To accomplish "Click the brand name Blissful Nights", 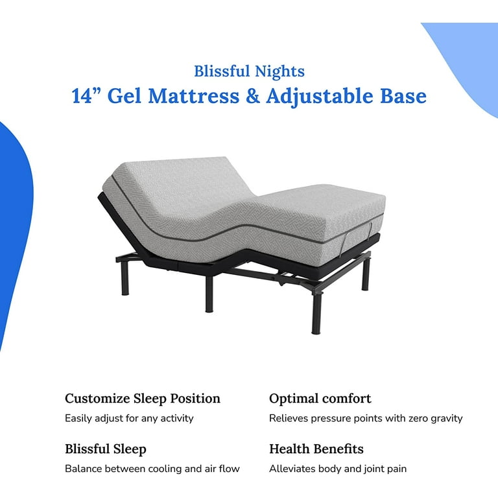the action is pyautogui.click(x=249, y=71).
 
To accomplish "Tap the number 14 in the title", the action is pyautogui.click(x=82, y=96).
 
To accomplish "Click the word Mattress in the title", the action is pyautogui.click(x=194, y=96).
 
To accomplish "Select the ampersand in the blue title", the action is pyautogui.click(x=253, y=96).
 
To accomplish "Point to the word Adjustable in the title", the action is pyautogui.click(x=320, y=97).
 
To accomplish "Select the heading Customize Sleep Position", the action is pyautogui.click(x=142, y=399).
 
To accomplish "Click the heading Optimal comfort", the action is pyautogui.click(x=320, y=399).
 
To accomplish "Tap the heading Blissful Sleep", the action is pyautogui.click(x=106, y=449).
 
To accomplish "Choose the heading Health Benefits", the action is pyautogui.click(x=316, y=449).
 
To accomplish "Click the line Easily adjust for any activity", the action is pyautogui.click(x=129, y=419).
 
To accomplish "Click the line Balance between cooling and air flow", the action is pyautogui.click(x=152, y=469).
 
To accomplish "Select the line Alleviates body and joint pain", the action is pyautogui.click(x=338, y=469).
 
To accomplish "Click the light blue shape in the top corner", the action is pyautogui.click(x=467, y=64).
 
